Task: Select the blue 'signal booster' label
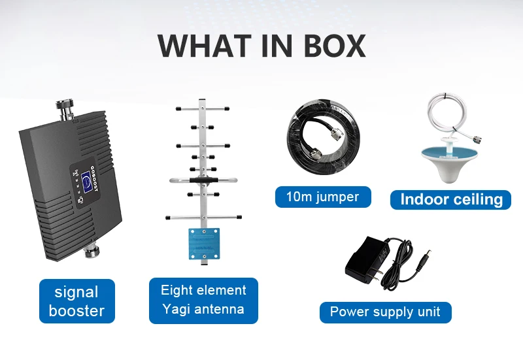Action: (x=76, y=301)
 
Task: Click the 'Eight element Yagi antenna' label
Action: (x=203, y=300)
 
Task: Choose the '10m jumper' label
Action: (x=323, y=197)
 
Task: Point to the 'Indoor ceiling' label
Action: (x=450, y=199)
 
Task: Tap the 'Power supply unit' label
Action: (x=385, y=312)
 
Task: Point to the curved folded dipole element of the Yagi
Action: (x=201, y=180)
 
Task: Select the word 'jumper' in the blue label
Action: (x=338, y=197)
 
